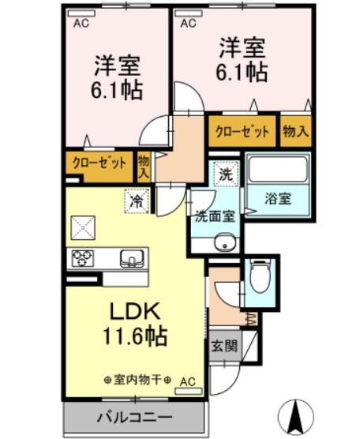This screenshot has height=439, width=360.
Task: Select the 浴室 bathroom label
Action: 277,197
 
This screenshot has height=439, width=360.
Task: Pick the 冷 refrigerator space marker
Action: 137,201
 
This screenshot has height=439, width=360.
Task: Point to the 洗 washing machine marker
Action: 226,174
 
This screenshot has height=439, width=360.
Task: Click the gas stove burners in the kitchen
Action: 83,257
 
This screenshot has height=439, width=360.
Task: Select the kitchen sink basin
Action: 131,257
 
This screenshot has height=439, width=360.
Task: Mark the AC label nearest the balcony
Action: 186,381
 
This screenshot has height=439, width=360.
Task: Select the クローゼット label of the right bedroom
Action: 242,131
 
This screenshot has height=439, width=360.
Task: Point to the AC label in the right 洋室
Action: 188,23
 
